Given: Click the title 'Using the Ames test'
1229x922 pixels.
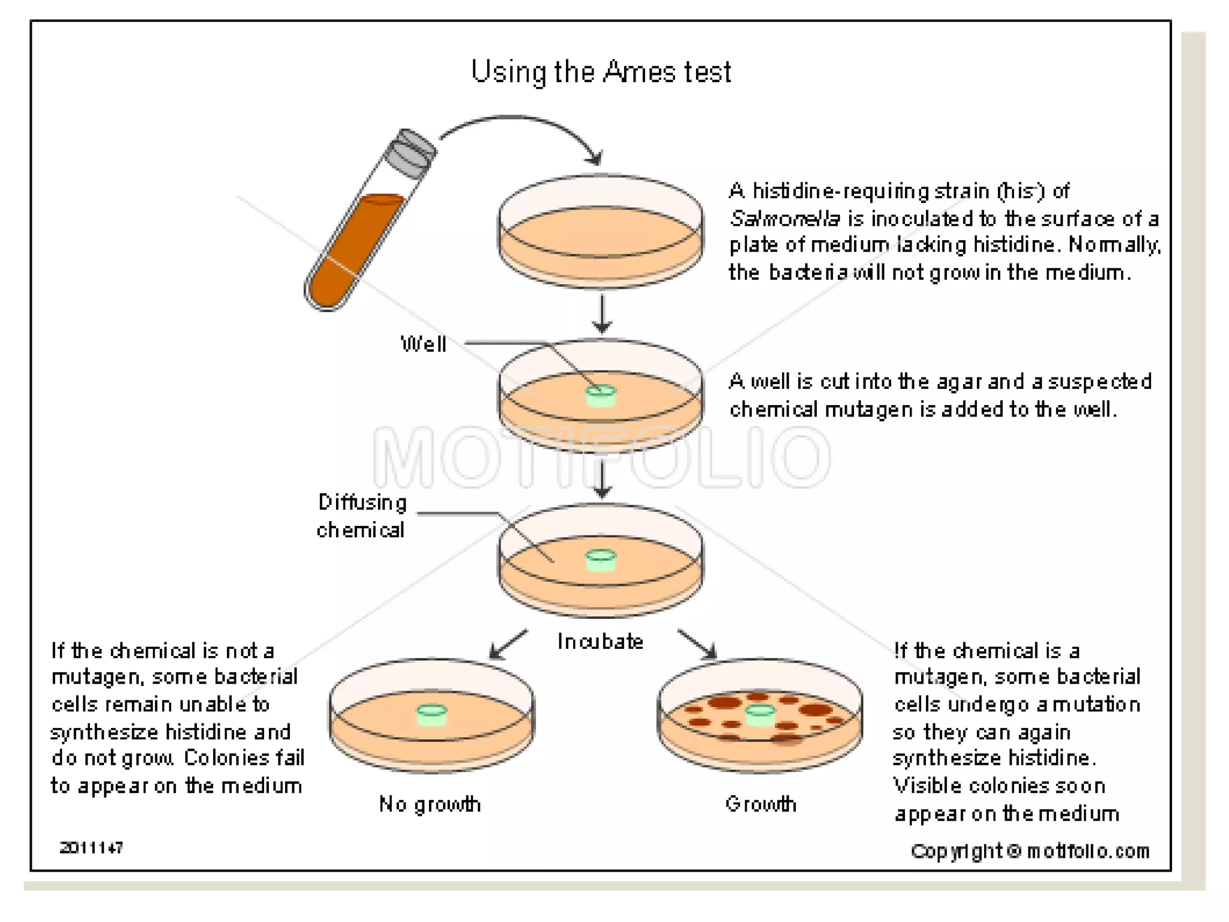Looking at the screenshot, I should [x=601, y=72].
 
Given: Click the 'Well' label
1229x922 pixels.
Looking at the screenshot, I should [x=423, y=344].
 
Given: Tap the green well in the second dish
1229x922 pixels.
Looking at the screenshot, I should [x=601, y=396].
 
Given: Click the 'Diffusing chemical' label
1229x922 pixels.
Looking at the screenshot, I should [x=361, y=516].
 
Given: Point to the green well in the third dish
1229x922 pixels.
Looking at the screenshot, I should [x=601, y=561].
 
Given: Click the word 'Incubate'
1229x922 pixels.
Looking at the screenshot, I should [x=600, y=642].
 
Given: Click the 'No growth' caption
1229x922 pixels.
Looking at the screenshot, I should [x=430, y=804].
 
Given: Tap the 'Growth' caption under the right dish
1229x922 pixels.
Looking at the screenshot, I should [x=760, y=804].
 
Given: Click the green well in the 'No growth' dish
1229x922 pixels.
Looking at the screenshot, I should [x=432, y=715].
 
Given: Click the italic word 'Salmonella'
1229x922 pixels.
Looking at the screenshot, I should [x=784, y=218].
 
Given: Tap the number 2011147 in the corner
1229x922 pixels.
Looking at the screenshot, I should [x=91, y=848].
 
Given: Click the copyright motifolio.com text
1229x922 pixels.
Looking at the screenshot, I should [x=1030, y=851].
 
